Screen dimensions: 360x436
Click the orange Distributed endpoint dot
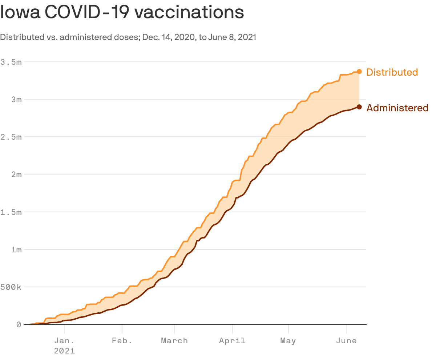click(x=359, y=72)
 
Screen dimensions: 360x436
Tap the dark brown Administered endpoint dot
click(x=359, y=107)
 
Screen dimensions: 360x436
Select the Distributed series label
click(x=392, y=72)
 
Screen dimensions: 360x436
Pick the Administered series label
click(x=397, y=108)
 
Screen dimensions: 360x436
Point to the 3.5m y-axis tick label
click(x=11, y=62)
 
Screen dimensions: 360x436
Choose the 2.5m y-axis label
click(x=11, y=137)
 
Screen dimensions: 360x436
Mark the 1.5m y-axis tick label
click(x=11, y=212)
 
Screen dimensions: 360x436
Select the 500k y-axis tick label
click(x=11, y=287)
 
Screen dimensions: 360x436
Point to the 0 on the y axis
click(x=19, y=324)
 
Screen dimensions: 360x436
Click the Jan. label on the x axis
click(x=64, y=341)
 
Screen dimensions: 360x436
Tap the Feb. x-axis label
click(x=122, y=341)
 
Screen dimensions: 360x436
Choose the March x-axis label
click(x=174, y=341)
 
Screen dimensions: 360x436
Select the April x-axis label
click(x=232, y=341)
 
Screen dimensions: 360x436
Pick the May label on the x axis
click(x=288, y=341)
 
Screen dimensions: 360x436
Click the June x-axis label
click(x=346, y=341)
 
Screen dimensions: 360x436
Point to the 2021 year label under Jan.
click(x=64, y=351)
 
